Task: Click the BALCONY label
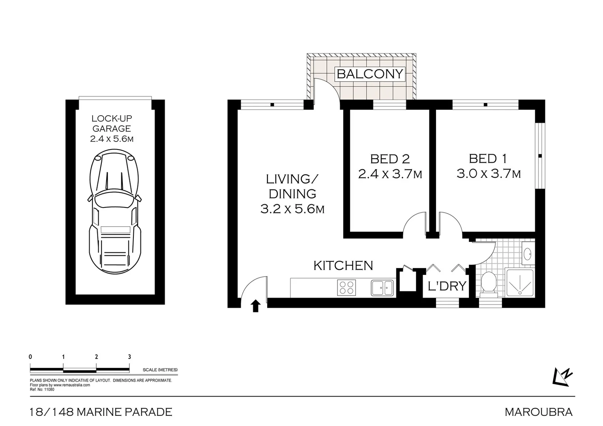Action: [x=370, y=74]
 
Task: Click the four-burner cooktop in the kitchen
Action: [x=346, y=287]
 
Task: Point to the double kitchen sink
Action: [x=382, y=288]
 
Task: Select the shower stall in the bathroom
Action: [x=519, y=283]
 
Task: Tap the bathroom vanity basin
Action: [x=528, y=252]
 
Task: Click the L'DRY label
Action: [x=447, y=286]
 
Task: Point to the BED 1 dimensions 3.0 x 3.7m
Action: [x=489, y=174]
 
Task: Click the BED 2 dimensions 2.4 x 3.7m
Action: [x=390, y=174]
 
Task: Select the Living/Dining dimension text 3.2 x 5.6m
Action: [x=292, y=209]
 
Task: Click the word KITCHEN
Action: [x=343, y=265]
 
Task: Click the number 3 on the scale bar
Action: [x=129, y=357]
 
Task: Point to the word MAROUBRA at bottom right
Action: [x=539, y=412]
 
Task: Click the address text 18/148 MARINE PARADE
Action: [x=101, y=412]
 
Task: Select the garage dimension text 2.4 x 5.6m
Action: [x=111, y=139]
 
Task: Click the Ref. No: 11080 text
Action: [x=42, y=389]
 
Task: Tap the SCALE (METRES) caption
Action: [x=160, y=370]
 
